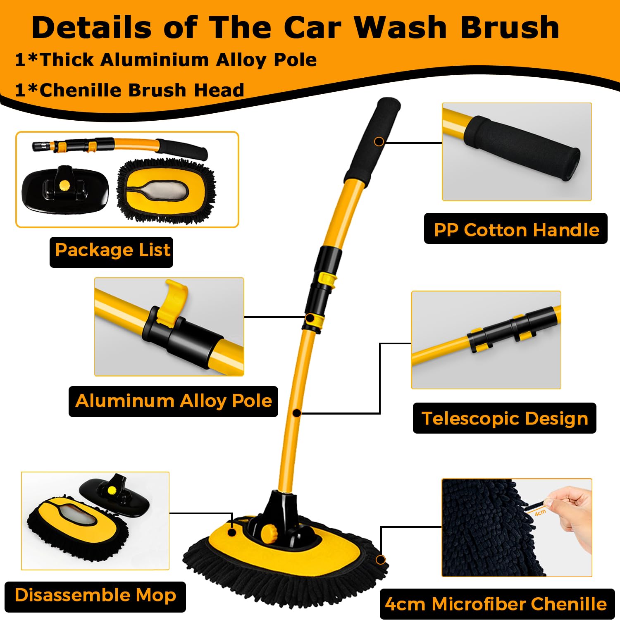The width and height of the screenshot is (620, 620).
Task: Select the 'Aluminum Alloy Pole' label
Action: coord(173,401)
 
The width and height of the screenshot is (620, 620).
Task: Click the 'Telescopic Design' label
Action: coord(504,418)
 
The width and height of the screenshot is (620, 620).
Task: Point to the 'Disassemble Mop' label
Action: coord(95,596)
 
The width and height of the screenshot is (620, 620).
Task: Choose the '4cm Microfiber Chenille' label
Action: coord(496,604)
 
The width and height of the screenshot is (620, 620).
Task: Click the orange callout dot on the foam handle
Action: coord(379,142)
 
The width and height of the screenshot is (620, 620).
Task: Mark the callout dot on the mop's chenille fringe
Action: coord(380,560)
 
